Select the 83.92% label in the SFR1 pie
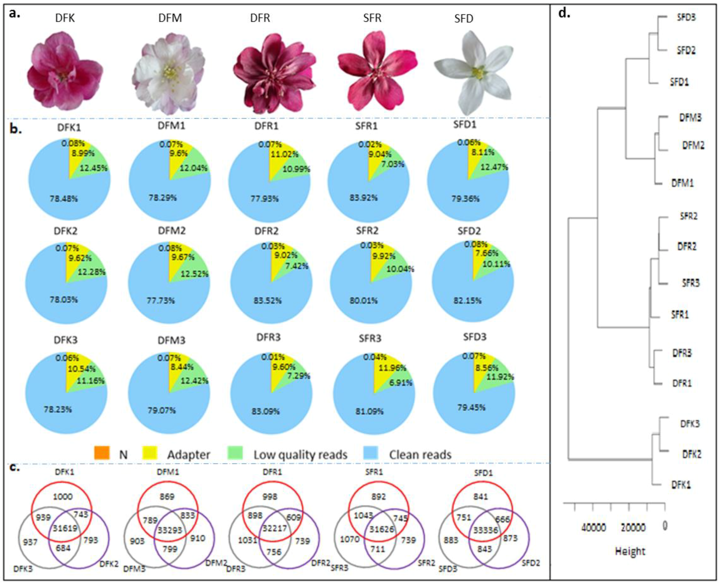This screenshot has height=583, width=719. coord(364,198)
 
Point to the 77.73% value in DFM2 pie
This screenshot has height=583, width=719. coord(160,300)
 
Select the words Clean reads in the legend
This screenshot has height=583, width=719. coord(420,454)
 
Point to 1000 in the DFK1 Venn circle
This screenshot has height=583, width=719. coord(63,496)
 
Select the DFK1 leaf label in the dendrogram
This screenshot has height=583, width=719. coord(681,485)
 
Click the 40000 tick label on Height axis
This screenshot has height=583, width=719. coord(594,528)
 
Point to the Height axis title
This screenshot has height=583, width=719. coord(630,551)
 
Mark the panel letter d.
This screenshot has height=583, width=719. coord(564,14)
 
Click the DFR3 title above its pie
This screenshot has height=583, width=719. coord(268,337)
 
